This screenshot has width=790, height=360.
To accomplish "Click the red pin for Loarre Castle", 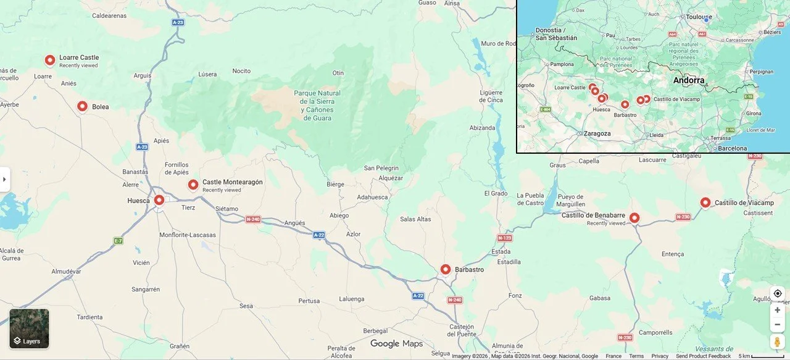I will (x=50, y=60).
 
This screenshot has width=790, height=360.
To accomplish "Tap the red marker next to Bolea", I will (x=82, y=106).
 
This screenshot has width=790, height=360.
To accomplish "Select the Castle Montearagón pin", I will (x=193, y=184).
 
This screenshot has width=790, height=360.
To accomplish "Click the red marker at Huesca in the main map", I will (x=159, y=200).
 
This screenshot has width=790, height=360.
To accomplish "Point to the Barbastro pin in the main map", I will (x=446, y=269).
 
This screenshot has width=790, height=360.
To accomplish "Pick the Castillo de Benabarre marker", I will (x=634, y=217).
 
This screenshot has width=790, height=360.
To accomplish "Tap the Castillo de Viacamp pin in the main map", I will (x=705, y=202).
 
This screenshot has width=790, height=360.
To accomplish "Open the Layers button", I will (x=29, y=329).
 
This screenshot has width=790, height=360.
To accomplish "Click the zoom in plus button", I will (x=777, y=310).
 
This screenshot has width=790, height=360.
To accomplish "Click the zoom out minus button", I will (x=777, y=324).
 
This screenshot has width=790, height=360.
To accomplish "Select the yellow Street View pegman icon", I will (x=777, y=341).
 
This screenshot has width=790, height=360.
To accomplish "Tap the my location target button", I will (x=777, y=293).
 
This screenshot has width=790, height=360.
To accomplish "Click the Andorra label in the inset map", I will (x=689, y=80).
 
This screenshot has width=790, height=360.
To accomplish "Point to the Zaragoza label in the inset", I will (x=597, y=133).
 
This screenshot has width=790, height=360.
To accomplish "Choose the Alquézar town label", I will (x=391, y=178).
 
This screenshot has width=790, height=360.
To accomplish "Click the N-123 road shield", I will (x=504, y=238).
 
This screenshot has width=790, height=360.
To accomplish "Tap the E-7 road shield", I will (x=118, y=240).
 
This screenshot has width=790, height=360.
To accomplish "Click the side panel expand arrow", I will (x=4, y=180).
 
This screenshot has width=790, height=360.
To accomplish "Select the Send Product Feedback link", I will (x=703, y=356).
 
